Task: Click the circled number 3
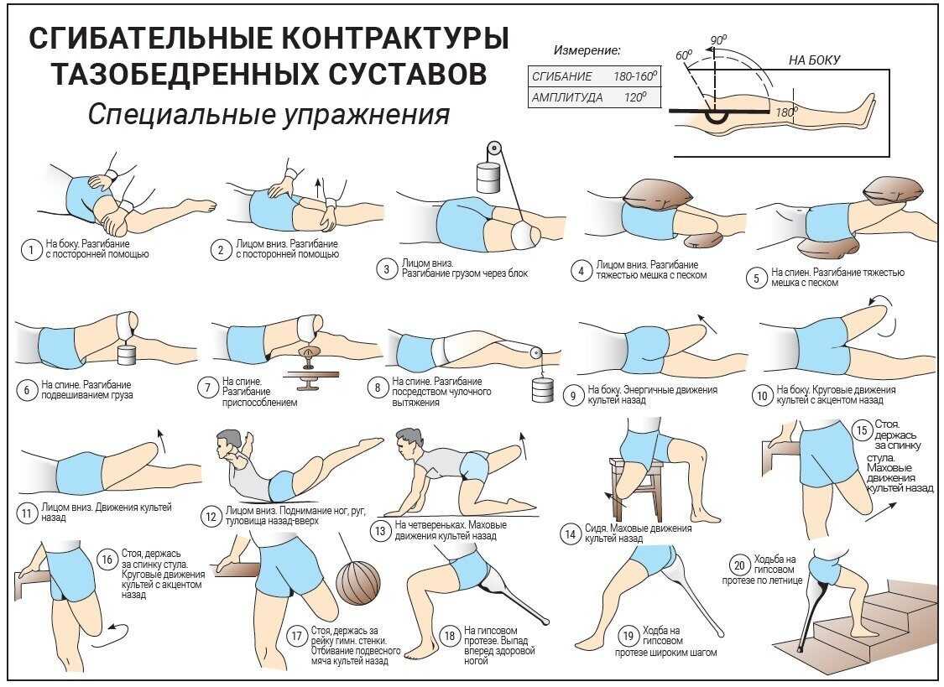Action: (386, 269)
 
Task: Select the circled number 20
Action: (738, 564)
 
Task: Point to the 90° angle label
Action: (718, 40)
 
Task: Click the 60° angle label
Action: (684, 55)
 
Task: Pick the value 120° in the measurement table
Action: (634, 97)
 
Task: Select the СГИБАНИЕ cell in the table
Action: (556, 75)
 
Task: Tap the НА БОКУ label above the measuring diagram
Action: (813, 60)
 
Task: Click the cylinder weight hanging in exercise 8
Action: (540, 389)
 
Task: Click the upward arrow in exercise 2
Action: (319, 184)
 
